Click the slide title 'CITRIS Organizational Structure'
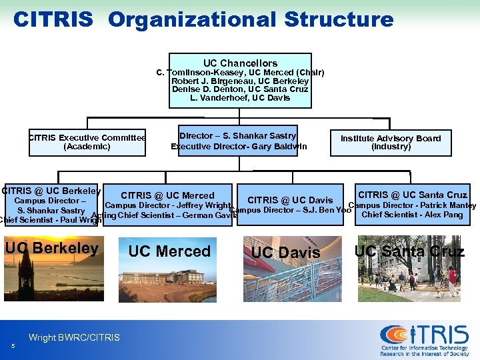[203, 19]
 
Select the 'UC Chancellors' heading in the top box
[240, 63]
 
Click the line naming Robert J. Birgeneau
[240, 81]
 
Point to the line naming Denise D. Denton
[240, 89]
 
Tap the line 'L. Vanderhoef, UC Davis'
[240, 97]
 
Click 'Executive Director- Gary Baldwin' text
[239, 146]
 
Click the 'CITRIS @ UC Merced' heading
[167, 195]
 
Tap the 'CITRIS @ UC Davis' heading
[290, 200]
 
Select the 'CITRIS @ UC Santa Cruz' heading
[412, 195]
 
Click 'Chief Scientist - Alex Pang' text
[412, 215]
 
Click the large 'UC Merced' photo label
[169, 251]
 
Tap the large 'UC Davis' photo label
[286, 253]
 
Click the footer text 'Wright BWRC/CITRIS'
[74, 338]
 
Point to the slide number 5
[13, 345]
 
